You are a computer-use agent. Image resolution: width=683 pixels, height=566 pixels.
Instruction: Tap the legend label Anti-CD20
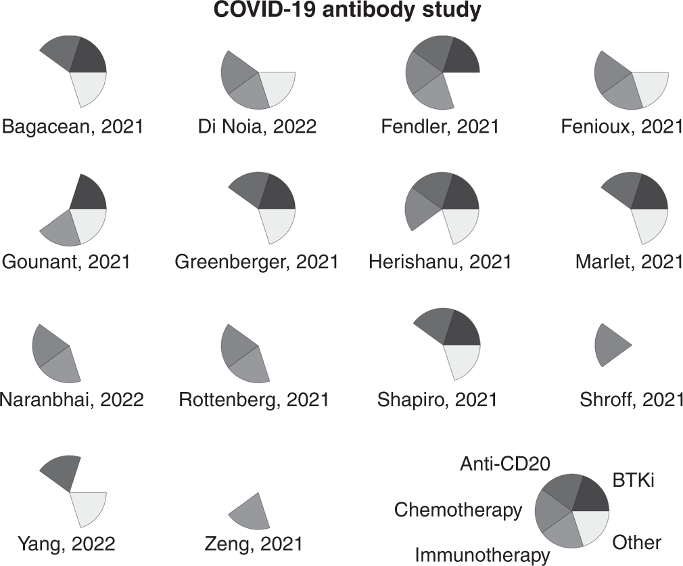(x=505, y=464)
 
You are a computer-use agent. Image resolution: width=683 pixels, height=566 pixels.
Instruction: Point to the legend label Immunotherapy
(x=482, y=556)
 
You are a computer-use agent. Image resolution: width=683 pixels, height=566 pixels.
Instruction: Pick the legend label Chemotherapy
(x=458, y=509)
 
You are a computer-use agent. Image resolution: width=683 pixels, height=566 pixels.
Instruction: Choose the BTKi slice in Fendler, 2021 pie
(x=462, y=57)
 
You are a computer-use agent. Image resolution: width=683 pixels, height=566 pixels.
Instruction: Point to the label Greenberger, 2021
(x=256, y=261)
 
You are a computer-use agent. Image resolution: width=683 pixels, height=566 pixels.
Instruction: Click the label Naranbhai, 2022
(x=72, y=399)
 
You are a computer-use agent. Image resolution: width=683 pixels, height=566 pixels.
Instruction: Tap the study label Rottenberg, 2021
(x=254, y=399)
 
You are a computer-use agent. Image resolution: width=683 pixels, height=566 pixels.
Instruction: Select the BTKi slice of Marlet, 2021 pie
(x=649, y=194)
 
